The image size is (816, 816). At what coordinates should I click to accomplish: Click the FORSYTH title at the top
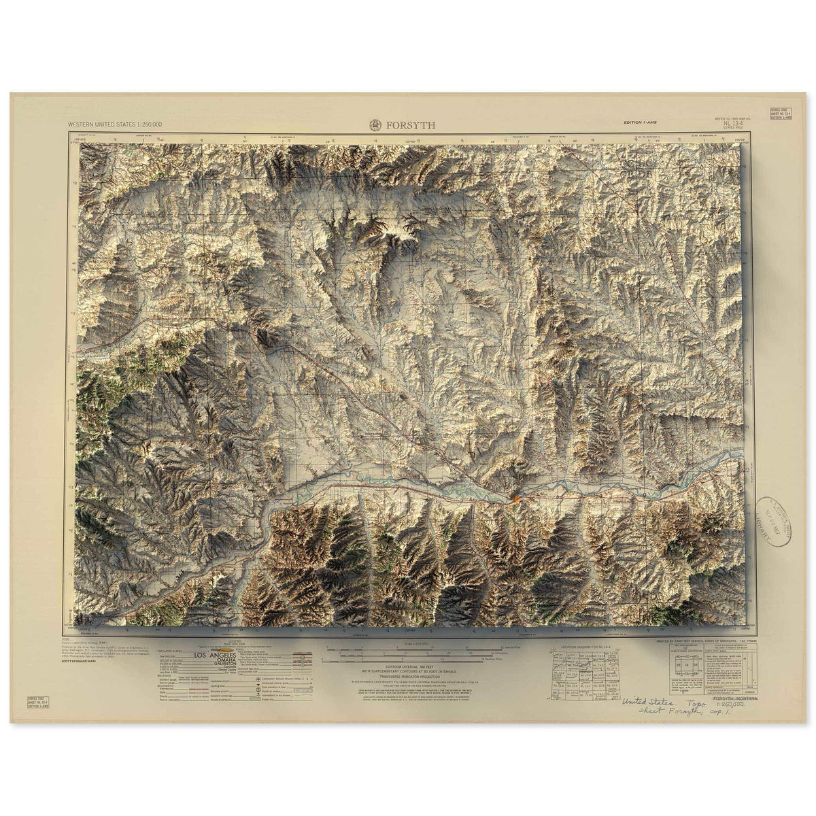(411, 125)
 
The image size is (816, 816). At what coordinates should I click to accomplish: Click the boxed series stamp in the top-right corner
(780, 114)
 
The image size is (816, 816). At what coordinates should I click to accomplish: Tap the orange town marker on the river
(516, 500)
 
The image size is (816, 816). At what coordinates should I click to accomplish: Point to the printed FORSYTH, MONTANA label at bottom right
(735, 698)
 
